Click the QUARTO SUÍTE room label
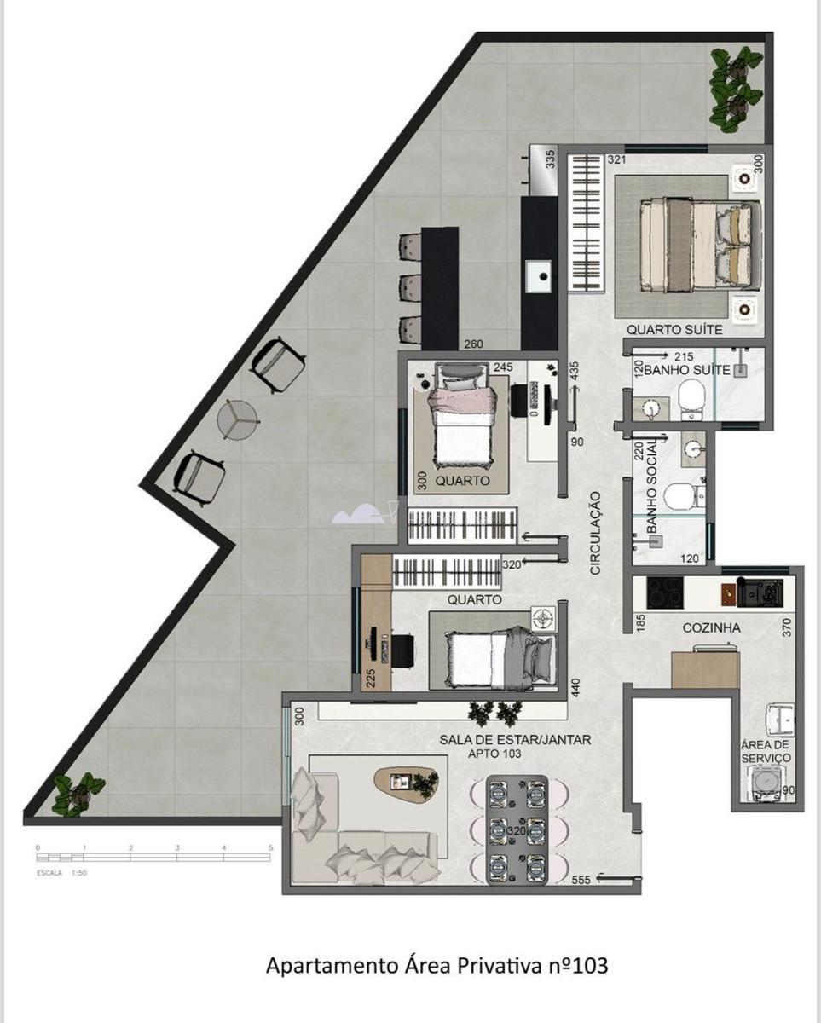click(674, 329)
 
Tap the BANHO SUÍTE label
click(686, 370)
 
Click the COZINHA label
click(711, 627)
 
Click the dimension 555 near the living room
click(581, 880)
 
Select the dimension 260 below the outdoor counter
click(473, 345)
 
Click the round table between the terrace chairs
click(238, 419)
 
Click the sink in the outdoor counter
click(539, 275)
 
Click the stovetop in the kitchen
click(665, 592)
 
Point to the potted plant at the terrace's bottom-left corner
click(78, 794)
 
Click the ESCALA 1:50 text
click(61, 874)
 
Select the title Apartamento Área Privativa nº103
click(437, 966)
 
